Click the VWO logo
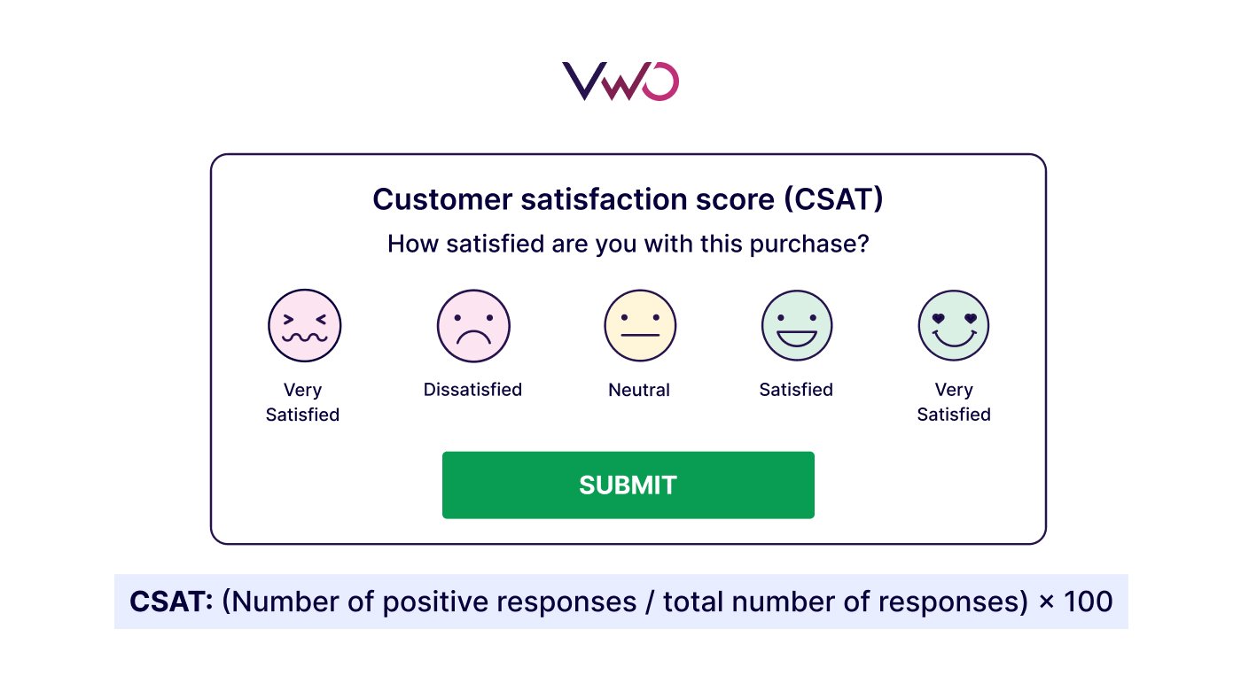tap(620, 82)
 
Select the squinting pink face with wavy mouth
tap(304, 325)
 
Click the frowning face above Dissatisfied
tap(473, 325)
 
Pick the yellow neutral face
tap(640, 325)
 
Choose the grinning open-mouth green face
tap(797, 325)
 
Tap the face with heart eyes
tap(954, 325)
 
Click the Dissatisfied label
tap(472, 390)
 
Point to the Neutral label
tap(639, 390)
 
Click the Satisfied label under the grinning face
tap(796, 390)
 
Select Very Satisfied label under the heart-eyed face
tap(954, 402)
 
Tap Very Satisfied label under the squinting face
tap(302, 402)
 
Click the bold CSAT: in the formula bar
tap(172, 602)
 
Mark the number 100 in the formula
tap(1086, 602)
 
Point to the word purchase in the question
tap(808, 244)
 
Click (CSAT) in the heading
tap(833, 199)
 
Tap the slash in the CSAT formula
tap(649, 602)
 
